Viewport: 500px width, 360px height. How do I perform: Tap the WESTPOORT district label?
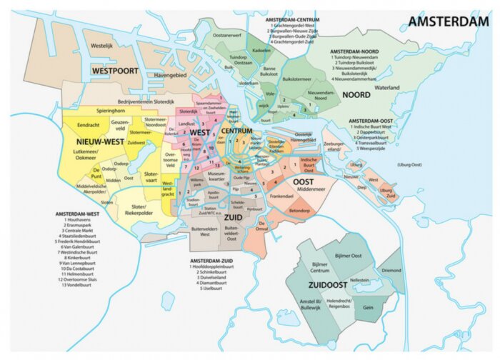click(x=114, y=71)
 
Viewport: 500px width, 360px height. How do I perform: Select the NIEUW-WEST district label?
click(x=99, y=142)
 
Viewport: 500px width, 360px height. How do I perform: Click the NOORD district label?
click(x=356, y=94)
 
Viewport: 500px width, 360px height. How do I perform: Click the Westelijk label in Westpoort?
click(x=102, y=45)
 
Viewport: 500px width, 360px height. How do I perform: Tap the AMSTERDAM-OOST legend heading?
click(x=374, y=121)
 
